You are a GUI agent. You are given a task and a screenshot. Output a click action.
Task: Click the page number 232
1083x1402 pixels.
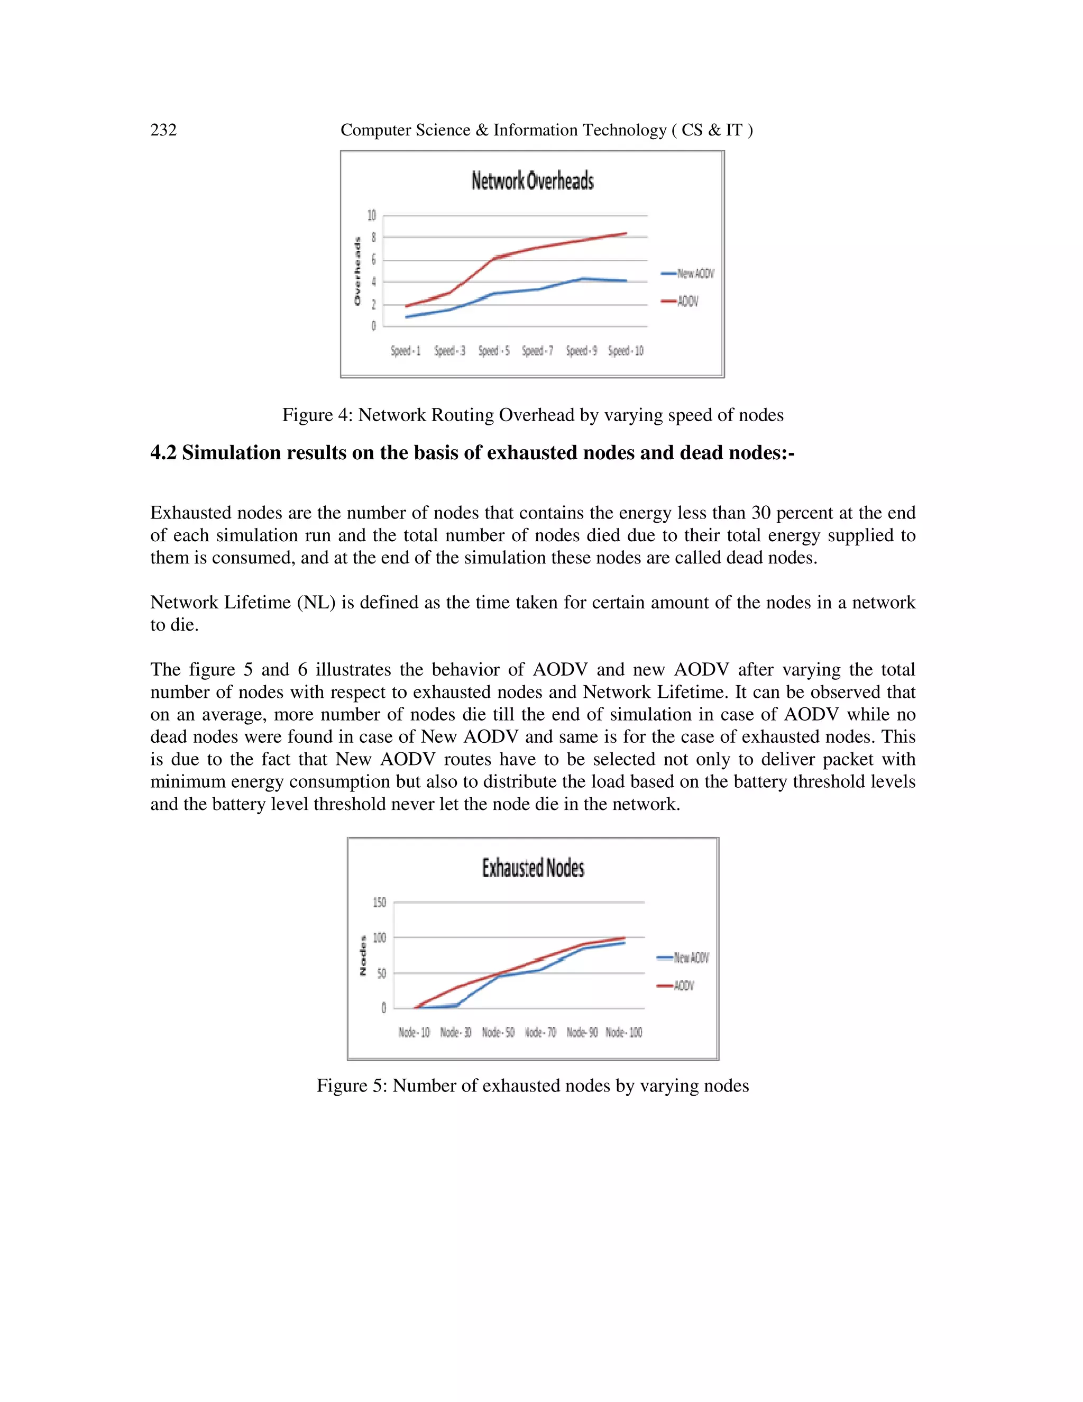click(x=163, y=130)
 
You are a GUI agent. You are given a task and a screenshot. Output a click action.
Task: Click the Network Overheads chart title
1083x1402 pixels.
click(x=533, y=181)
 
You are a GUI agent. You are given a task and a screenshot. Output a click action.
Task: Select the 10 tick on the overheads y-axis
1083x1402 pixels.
click(x=371, y=216)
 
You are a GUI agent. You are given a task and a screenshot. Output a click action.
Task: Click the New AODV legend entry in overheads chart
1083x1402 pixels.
click(x=688, y=274)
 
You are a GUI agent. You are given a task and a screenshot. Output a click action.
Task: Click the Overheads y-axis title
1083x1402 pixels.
click(x=357, y=271)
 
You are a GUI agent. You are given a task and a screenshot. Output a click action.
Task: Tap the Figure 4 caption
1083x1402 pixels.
click(x=533, y=415)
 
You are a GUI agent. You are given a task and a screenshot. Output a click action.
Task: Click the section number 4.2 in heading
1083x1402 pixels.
click(x=163, y=453)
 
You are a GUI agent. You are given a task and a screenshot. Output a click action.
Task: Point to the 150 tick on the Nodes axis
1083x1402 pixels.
click(x=379, y=903)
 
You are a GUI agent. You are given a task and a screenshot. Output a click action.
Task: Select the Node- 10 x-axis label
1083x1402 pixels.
click(x=414, y=1032)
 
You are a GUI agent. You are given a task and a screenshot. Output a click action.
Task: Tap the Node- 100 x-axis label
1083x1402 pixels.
click(x=623, y=1032)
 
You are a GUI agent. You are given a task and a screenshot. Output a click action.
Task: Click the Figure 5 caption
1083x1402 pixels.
click(x=533, y=1086)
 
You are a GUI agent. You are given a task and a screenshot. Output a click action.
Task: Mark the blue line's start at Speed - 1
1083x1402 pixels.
click(x=407, y=316)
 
